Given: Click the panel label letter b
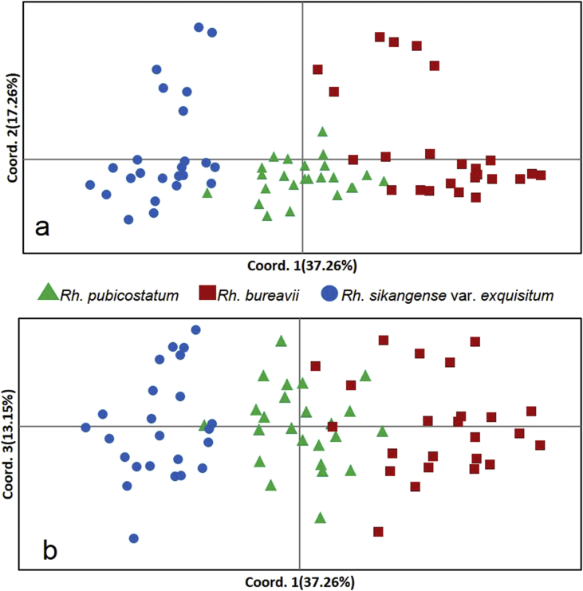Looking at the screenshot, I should (49, 550).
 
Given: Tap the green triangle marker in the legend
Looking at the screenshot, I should (49, 293).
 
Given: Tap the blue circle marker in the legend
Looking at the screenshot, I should (329, 294).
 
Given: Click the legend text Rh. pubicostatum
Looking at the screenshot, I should (119, 295).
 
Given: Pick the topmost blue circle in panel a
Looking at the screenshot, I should (199, 27).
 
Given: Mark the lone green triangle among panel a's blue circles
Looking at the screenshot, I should (207, 192).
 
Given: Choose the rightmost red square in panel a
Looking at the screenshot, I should (541, 175).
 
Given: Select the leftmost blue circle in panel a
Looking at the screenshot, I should (90, 185).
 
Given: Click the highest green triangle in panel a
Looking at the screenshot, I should (322, 132).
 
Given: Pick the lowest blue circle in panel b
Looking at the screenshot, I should (134, 539).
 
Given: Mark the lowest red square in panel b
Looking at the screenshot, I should (378, 531).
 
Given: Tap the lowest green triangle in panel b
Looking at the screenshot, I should (320, 518).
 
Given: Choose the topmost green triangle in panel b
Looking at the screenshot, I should (281, 341).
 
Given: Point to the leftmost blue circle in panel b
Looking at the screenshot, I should (85, 427).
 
